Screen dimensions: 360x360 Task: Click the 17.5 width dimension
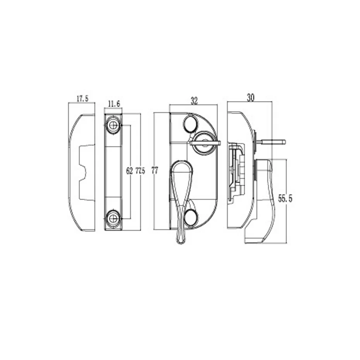[82, 98]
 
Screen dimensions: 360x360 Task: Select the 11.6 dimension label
[114, 103]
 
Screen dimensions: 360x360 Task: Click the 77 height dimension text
[155, 171]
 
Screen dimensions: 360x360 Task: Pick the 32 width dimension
[194, 101]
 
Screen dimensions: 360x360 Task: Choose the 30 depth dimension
[251, 98]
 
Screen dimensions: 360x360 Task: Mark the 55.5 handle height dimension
[285, 198]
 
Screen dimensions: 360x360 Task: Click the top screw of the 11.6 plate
[113, 126]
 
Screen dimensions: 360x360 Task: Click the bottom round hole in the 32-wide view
[191, 217]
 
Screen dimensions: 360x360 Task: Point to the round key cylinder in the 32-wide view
[205, 143]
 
